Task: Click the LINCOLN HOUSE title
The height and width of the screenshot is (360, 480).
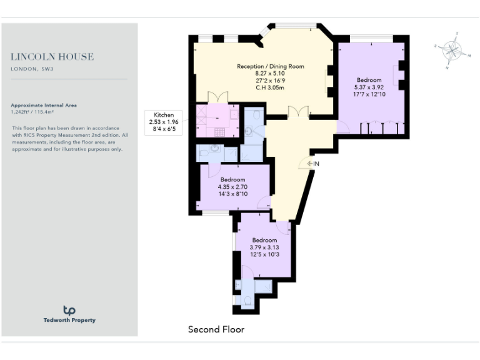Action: point(52,57)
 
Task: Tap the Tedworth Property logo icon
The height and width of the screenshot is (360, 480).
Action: point(69,310)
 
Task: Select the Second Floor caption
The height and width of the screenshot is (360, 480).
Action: point(216,329)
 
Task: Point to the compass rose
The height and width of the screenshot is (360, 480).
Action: point(452,49)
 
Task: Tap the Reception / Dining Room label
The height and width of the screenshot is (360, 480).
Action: point(270,66)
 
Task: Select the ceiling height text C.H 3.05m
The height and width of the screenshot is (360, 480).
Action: point(270,87)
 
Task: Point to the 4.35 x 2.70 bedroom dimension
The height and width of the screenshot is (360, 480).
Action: point(233,186)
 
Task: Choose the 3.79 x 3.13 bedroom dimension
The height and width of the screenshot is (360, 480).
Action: point(264,247)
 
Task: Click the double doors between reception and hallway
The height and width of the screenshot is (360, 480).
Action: point(298,112)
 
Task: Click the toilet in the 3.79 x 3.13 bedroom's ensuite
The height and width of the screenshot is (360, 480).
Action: point(247,301)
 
